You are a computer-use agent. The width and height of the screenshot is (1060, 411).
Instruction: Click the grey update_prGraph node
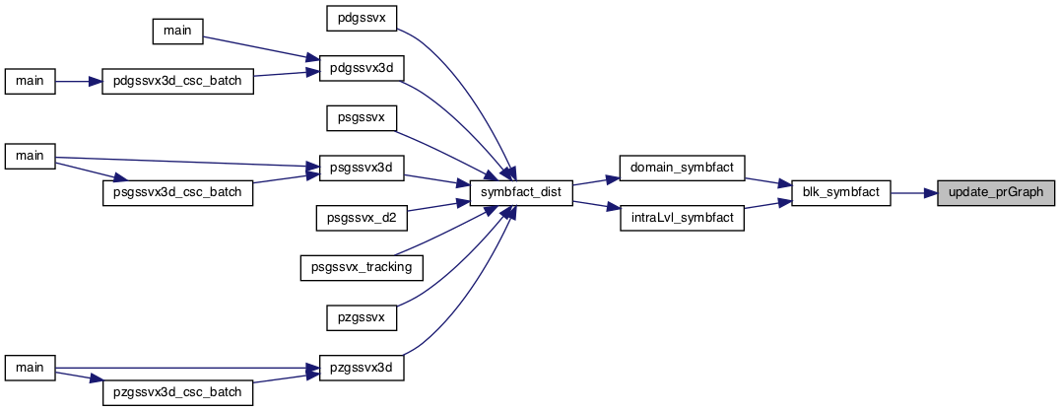click(996, 193)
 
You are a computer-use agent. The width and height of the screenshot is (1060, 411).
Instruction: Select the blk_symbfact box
click(841, 193)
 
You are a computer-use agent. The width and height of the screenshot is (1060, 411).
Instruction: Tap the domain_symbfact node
click(682, 167)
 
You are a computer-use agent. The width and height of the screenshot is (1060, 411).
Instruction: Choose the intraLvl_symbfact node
click(682, 220)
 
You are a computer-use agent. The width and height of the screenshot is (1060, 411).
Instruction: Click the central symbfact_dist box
click(521, 193)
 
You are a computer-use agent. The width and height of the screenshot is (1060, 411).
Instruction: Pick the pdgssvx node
click(361, 18)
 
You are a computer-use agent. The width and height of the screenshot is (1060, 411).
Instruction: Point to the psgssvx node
click(361, 118)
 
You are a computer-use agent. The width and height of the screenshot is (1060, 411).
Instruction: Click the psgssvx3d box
click(361, 167)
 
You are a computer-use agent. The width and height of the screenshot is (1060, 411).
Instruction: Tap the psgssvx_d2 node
click(361, 219)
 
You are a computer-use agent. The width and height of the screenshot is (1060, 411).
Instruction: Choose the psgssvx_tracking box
click(361, 268)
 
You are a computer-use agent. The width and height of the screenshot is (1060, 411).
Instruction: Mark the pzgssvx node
click(361, 316)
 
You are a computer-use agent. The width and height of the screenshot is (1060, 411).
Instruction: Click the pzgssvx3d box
click(361, 369)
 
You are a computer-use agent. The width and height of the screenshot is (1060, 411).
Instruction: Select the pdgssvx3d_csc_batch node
click(177, 82)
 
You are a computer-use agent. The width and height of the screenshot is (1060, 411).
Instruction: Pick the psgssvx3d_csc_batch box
click(177, 193)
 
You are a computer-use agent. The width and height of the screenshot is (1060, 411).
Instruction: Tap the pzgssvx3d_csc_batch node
click(177, 393)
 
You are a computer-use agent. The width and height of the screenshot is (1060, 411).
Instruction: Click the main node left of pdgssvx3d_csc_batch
click(30, 82)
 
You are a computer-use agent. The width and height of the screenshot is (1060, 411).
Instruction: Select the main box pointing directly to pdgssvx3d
click(177, 32)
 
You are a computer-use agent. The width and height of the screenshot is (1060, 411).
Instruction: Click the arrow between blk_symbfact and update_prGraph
click(914, 193)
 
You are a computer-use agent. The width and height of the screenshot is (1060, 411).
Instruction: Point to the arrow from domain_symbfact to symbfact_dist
click(596, 180)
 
